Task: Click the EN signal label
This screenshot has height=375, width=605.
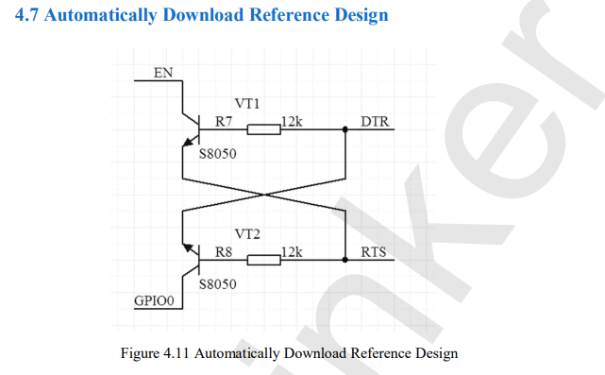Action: tap(163, 73)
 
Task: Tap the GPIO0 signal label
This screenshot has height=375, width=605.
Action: tap(154, 300)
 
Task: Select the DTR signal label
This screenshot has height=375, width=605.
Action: tap(375, 122)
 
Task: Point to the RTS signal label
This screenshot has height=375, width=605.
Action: tap(374, 252)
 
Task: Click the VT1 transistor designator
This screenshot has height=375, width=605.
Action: tap(247, 104)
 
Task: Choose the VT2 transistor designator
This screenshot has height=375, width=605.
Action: tap(247, 234)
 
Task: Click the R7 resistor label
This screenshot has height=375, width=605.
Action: tap(224, 122)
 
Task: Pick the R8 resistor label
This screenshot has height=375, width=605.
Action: tap(224, 252)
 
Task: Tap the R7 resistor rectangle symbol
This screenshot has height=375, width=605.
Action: tap(264, 129)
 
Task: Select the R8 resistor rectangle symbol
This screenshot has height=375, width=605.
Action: tap(264, 260)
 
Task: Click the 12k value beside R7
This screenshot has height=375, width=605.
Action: tap(292, 122)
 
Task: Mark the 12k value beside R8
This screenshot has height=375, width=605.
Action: tap(292, 252)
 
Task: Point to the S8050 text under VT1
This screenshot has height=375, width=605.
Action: tap(218, 154)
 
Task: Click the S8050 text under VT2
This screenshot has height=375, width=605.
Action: tap(218, 284)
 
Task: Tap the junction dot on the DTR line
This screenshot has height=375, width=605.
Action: tap(345, 129)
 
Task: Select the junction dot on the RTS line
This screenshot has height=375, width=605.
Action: tap(345, 260)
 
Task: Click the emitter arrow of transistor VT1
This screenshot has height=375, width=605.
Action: tap(189, 142)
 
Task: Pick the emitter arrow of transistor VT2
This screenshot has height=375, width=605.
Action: tap(189, 247)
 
